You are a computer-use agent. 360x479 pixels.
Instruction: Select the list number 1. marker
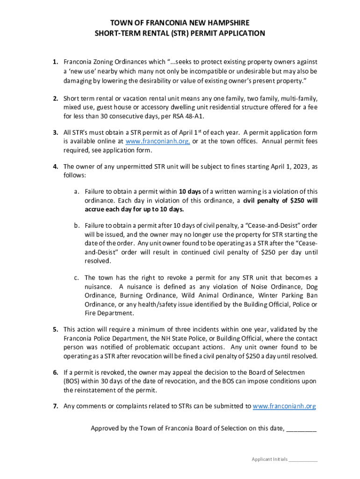pos(55,62)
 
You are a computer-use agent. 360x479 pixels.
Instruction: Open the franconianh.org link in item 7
pos(284,406)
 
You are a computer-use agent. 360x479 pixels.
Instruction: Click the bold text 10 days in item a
pos(190,191)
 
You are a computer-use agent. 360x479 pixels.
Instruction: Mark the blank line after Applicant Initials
pos(303,460)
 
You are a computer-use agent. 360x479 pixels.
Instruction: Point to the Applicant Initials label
pos(270,459)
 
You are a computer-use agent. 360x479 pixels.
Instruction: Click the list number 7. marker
pos(55,406)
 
